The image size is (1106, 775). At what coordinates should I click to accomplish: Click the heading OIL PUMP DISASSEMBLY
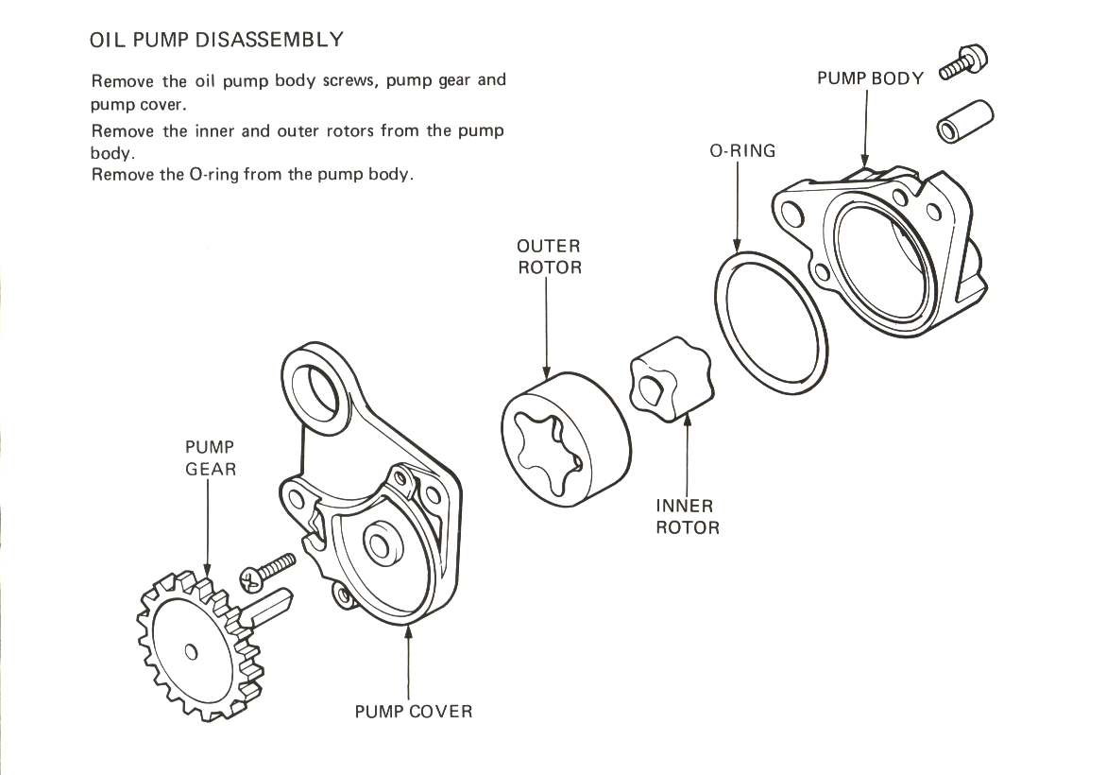[x=215, y=40]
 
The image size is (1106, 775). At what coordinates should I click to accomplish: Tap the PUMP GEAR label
[x=210, y=457]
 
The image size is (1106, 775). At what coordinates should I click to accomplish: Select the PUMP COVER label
[x=413, y=711]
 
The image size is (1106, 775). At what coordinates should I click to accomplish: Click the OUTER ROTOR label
[x=549, y=257]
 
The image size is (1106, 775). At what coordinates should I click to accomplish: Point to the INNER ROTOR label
[x=687, y=517]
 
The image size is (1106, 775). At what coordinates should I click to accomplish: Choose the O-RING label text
[x=742, y=150]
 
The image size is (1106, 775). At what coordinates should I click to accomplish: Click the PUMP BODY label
[x=870, y=78]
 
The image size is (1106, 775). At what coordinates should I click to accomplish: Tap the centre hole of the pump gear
[x=192, y=651]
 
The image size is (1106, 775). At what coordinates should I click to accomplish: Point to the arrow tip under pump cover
[x=408, y=630]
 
